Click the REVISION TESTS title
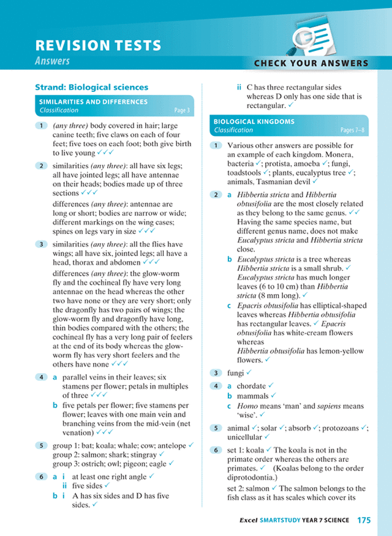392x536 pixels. pos(98,45)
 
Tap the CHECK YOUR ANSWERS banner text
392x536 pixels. pos(311,63)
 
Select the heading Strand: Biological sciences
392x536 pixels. pos(91,87)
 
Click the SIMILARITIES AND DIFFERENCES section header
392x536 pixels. pos(93,102)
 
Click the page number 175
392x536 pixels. pos(364,520)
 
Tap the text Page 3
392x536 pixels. pos(182,111)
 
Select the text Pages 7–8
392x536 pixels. pos(352,130)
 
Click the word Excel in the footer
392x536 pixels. pos(249,521)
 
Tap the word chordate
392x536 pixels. pos(251,386)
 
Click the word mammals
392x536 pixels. pos(252,396)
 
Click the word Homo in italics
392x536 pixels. pos(246,407)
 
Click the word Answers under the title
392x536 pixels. pos(52,61)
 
